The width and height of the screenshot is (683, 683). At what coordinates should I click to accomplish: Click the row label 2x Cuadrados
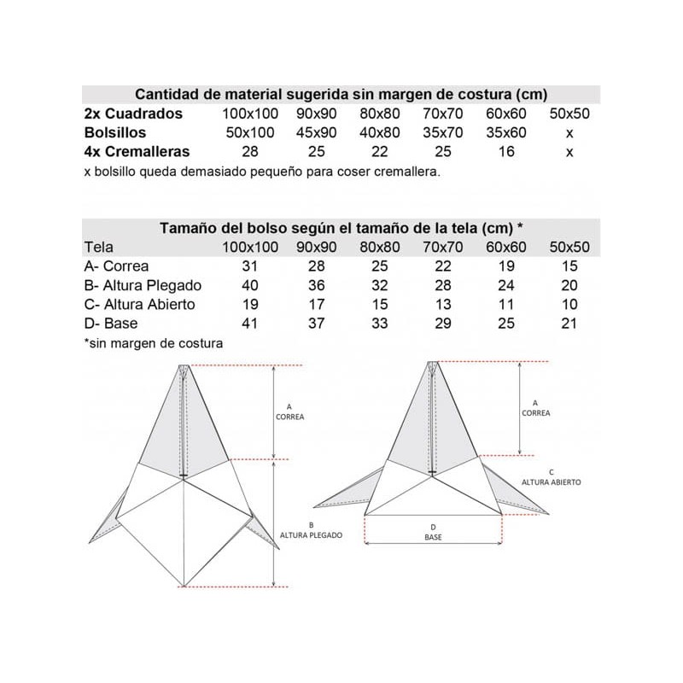tap(133, 114)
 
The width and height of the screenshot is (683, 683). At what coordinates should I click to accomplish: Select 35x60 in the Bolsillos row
tap(506, 132)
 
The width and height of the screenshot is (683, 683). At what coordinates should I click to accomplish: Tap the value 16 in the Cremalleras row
tap(506, 152)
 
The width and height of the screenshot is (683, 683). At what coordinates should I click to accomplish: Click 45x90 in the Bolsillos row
tap(317, 132)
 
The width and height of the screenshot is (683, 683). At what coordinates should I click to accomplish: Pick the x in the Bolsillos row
tap(569, 132)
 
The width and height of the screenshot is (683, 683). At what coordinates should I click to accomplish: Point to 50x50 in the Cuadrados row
tap(569, 114)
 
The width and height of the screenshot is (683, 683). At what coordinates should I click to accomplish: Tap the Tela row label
tap(99, 248)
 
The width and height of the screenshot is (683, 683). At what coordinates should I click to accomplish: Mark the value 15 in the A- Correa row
tap(569, 266)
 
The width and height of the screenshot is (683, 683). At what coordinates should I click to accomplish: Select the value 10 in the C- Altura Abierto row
tap(569, 305)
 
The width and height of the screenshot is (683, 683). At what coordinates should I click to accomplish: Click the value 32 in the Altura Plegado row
tap(380, 285)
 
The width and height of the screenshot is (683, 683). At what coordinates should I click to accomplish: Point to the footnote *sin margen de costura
tap(153, 343)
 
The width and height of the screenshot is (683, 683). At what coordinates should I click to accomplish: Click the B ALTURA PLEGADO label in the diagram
tap(312, 529)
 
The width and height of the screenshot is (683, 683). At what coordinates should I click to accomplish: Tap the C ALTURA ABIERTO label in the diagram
tap(552, 476)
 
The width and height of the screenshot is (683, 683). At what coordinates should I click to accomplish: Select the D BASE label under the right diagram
tap(433, 532)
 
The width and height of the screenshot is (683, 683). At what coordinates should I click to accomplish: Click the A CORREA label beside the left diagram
tap(289, 412)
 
